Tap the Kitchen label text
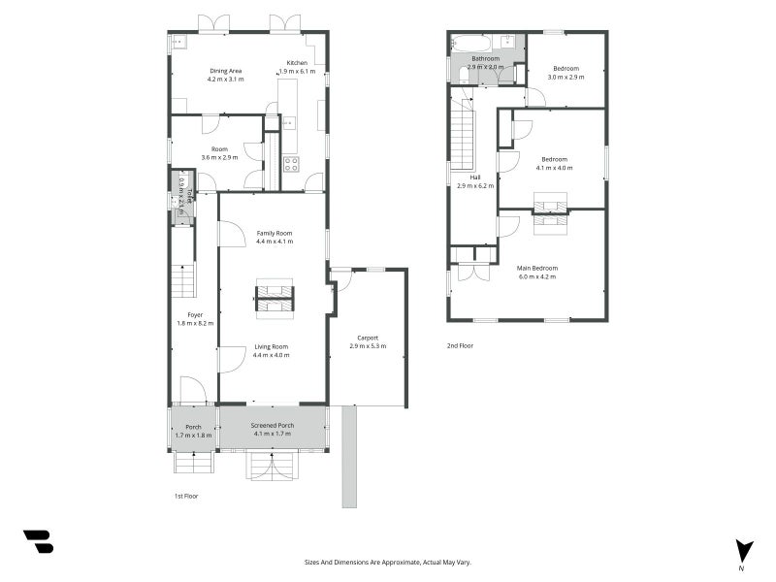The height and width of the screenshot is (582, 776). (x=297, y=63)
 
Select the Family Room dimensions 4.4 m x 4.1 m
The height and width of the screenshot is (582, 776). (x=275, y=242)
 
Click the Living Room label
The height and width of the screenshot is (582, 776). (x=273, y=346)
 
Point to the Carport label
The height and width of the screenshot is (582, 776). (x=368, y=338)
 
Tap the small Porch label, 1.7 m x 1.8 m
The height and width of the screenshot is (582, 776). (x=193, y=431)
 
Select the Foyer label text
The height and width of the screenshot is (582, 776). (x=195, y=314)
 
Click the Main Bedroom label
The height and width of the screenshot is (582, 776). (x=537, y=268)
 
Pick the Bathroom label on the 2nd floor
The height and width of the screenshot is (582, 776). (x=485, y=58)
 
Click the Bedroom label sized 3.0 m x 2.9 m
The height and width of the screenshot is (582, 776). (x=566, y=68)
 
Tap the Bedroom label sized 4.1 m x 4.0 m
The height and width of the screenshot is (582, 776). (x=555, y=159)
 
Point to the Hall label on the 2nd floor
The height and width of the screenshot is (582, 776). (x=475, y=178)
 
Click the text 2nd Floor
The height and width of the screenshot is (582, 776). (x=460, y=345)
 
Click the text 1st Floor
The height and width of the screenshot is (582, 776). (x=173, y=495)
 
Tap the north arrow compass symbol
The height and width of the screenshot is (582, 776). (x=743, y=550)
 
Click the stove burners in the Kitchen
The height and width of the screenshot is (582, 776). (x=290, y=163)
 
